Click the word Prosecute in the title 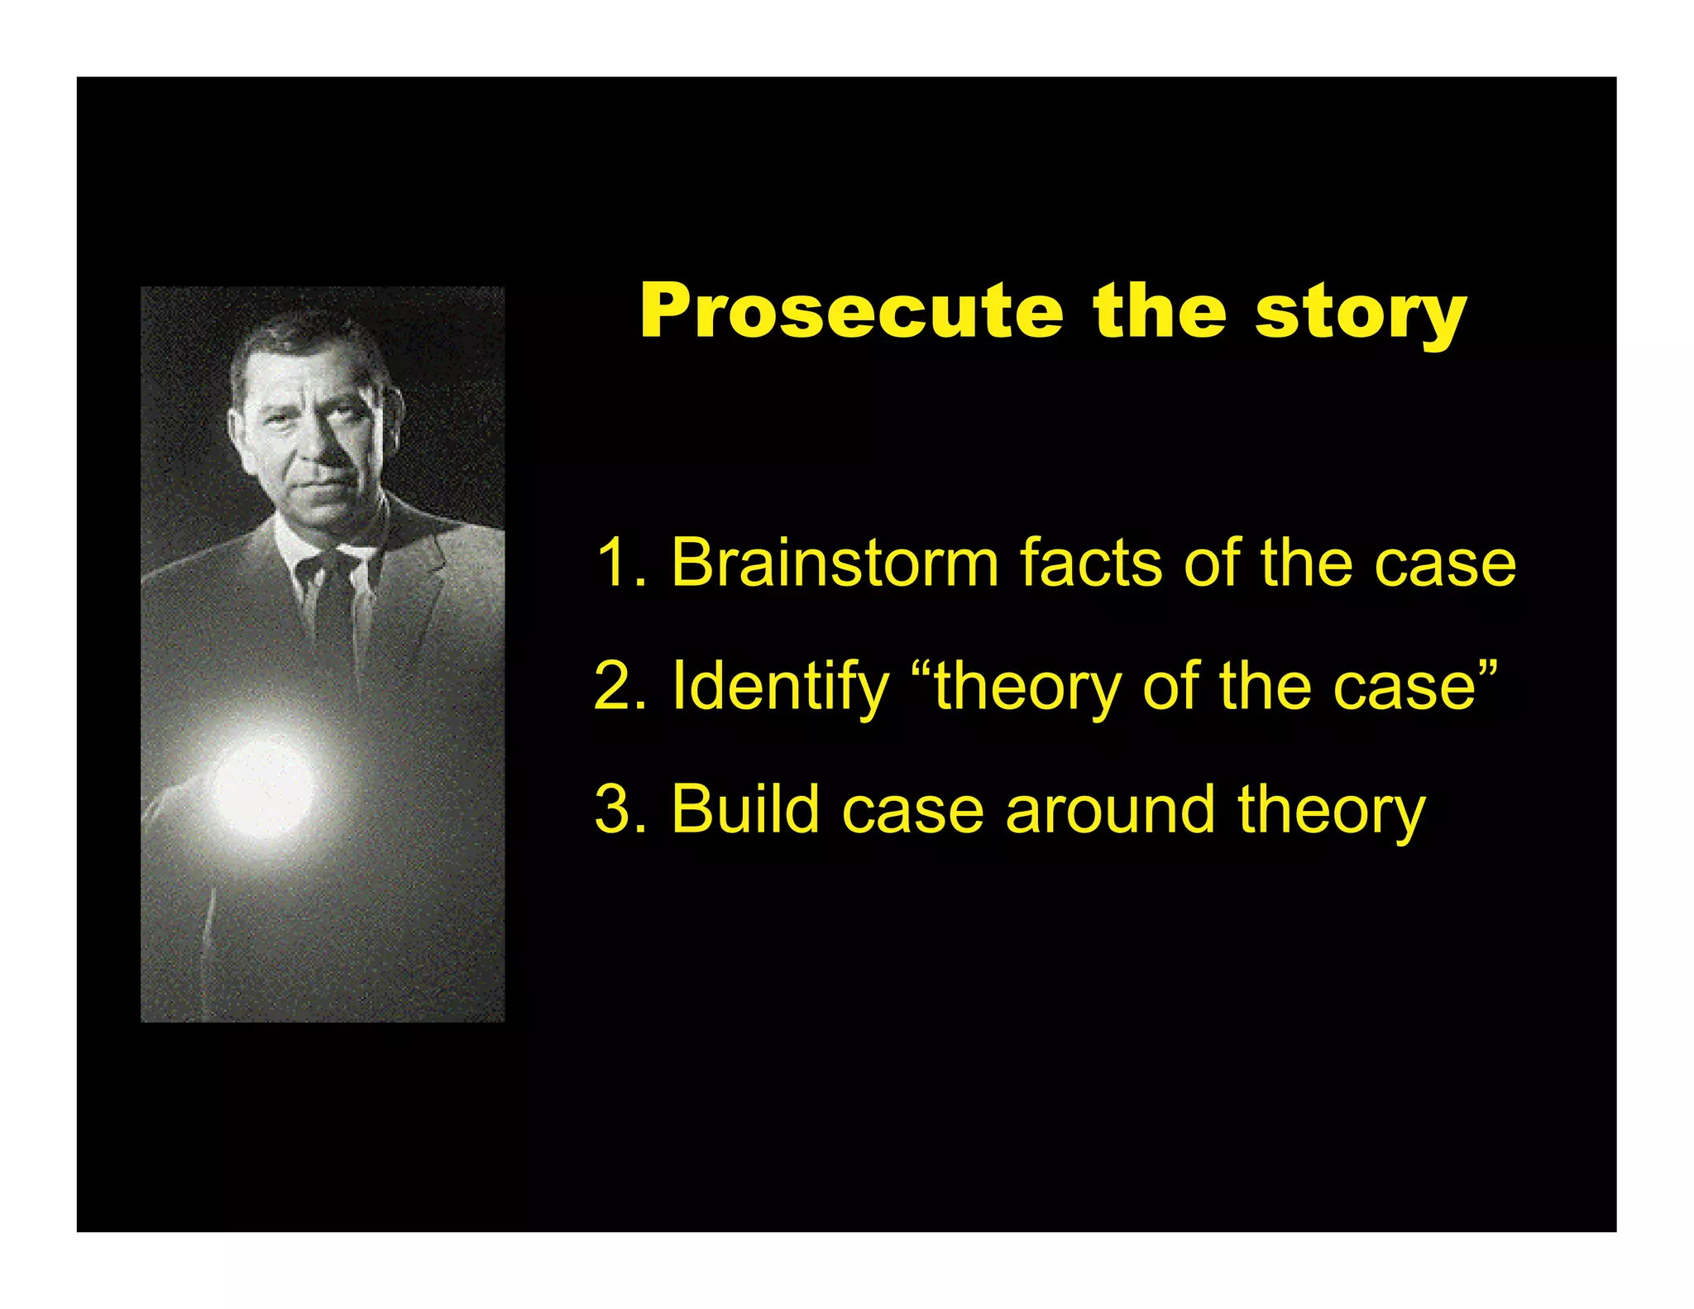(x=851, y=312)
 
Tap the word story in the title (x=1361, y=314)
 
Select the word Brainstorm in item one (x=835, y=563)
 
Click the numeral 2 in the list (x=612, y=686)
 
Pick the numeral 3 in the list (x=613, y=809)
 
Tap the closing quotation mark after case (x=1486, y=669)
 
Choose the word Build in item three (x=745, y=808)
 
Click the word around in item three (x=1110, y=809)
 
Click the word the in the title (x=1159, y=312)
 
